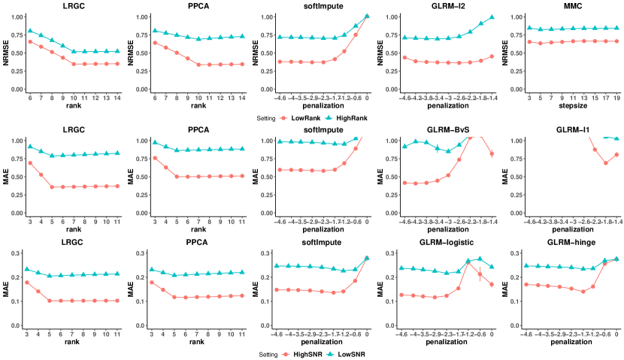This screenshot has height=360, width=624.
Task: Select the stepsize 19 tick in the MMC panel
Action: [616, 98]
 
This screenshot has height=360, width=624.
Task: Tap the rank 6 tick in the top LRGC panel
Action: [29, 98]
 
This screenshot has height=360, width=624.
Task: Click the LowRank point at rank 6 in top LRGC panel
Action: [29, 41]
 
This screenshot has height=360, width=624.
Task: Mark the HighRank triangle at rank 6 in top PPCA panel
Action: [155, 31]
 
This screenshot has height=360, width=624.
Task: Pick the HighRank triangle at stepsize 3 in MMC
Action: [529, 28]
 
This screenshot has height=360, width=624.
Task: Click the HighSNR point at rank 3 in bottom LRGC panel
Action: [27, 283]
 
